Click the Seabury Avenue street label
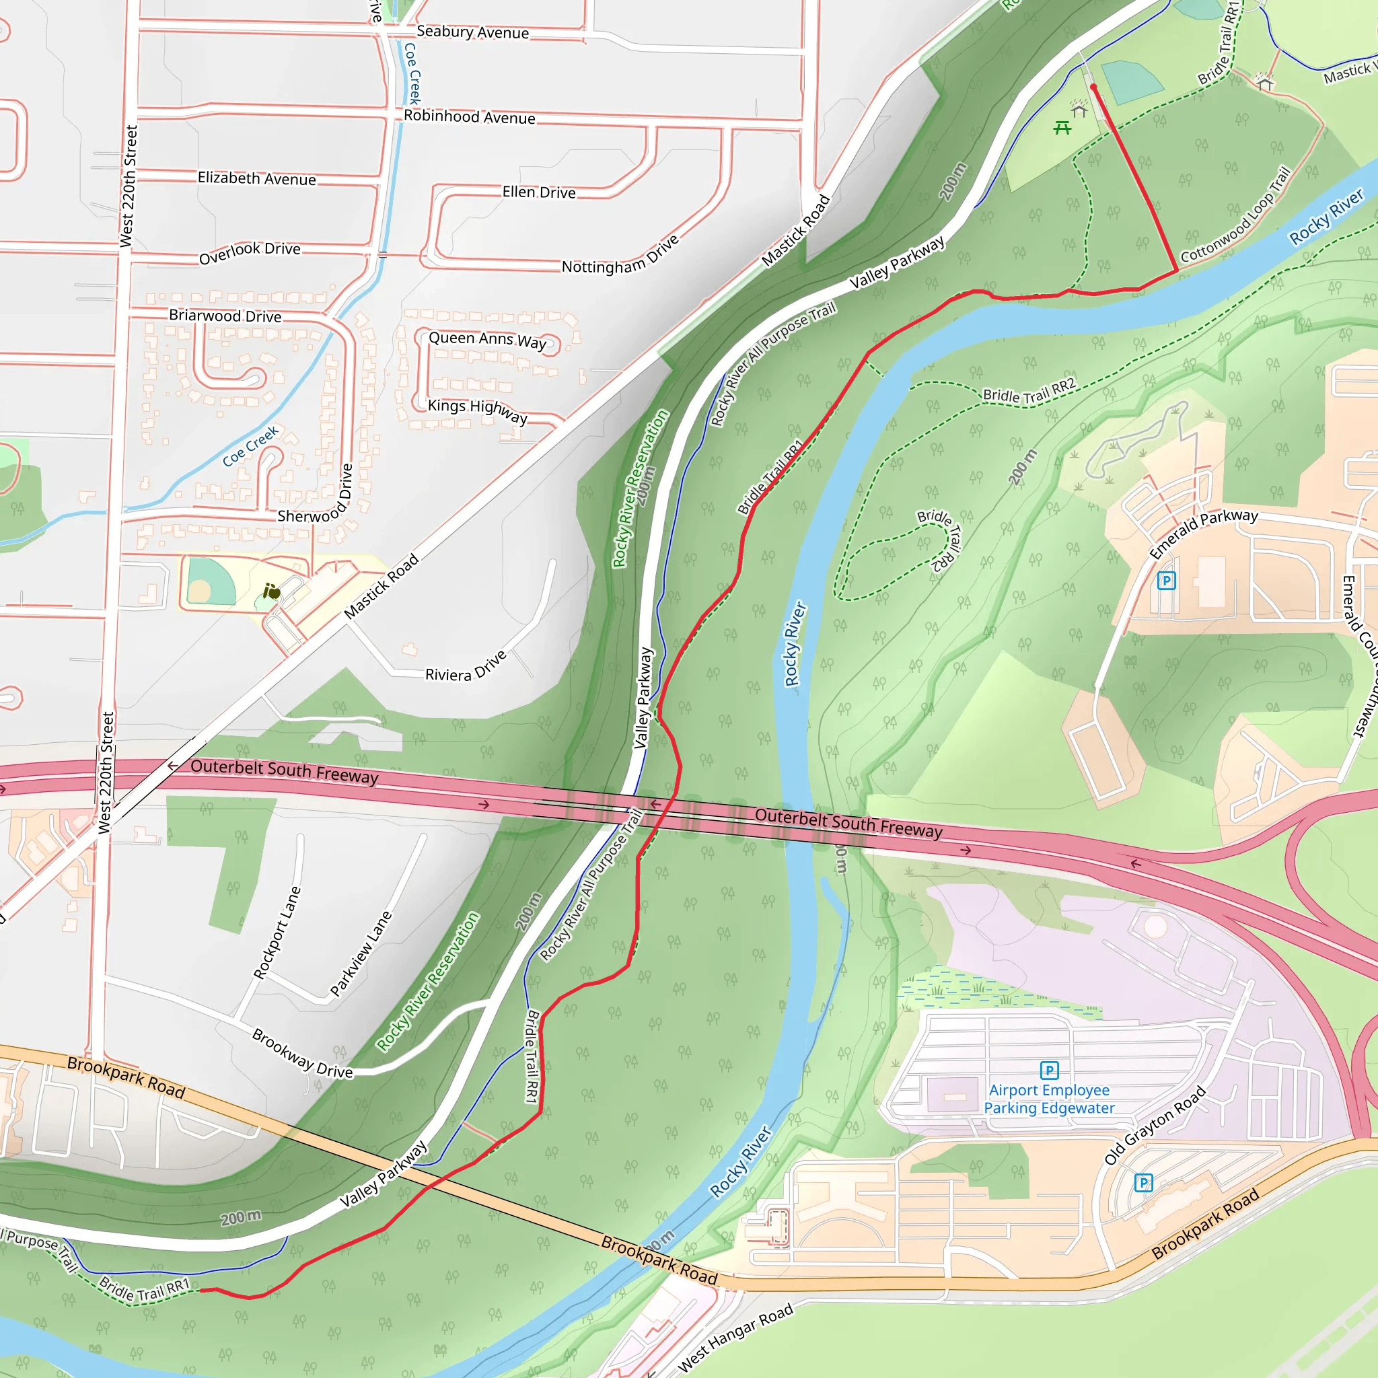click(x=472, y=32)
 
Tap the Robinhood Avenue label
click(x=470, y=117)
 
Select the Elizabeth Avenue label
click(x=257, y=178)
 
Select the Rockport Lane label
click(x=277, y=932)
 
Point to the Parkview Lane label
click(x=361, y=953)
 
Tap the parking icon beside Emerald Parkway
click(x=1166, y=581)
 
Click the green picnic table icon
click(x=1062, y=128)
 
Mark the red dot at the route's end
click(x=1093, y=87)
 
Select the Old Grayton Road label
click(x=1155, y=1125)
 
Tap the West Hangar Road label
click(x=735, y=1338)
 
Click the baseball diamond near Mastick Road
click(x=210, y=581)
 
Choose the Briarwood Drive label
click(x=225, y=316)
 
